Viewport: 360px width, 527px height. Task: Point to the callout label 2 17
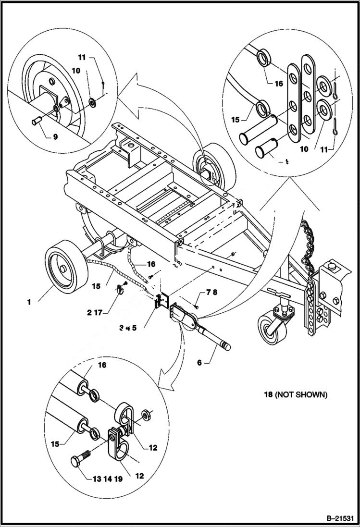(96, 313)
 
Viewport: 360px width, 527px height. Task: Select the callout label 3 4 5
(127, 328)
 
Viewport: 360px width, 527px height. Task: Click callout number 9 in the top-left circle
(55, 136)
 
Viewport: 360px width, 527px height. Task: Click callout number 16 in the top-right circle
(279, 83)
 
